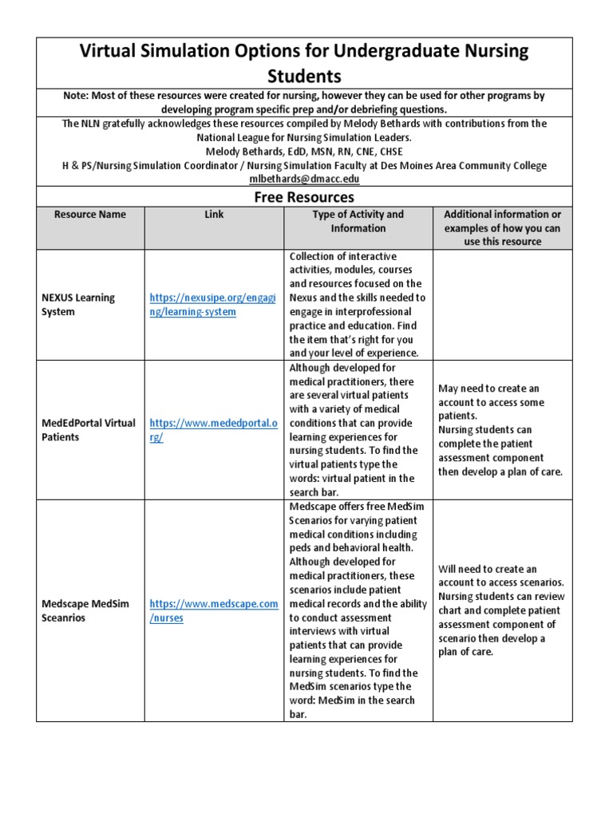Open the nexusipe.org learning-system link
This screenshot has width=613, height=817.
click(212, 305)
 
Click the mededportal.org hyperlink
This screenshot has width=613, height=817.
click(214, 430)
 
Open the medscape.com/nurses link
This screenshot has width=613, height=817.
click(214, 610)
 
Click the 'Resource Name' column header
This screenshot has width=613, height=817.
click(90, 214)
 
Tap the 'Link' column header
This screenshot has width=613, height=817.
click(214, 214)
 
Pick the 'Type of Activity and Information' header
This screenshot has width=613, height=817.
click(358, 221)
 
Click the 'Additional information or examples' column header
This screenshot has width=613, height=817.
click(502, 227)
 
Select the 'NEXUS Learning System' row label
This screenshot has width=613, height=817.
click(78, 305)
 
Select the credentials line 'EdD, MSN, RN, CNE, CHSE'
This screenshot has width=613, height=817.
click(343, 152)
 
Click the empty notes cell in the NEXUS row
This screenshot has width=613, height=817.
click(502, 305)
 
